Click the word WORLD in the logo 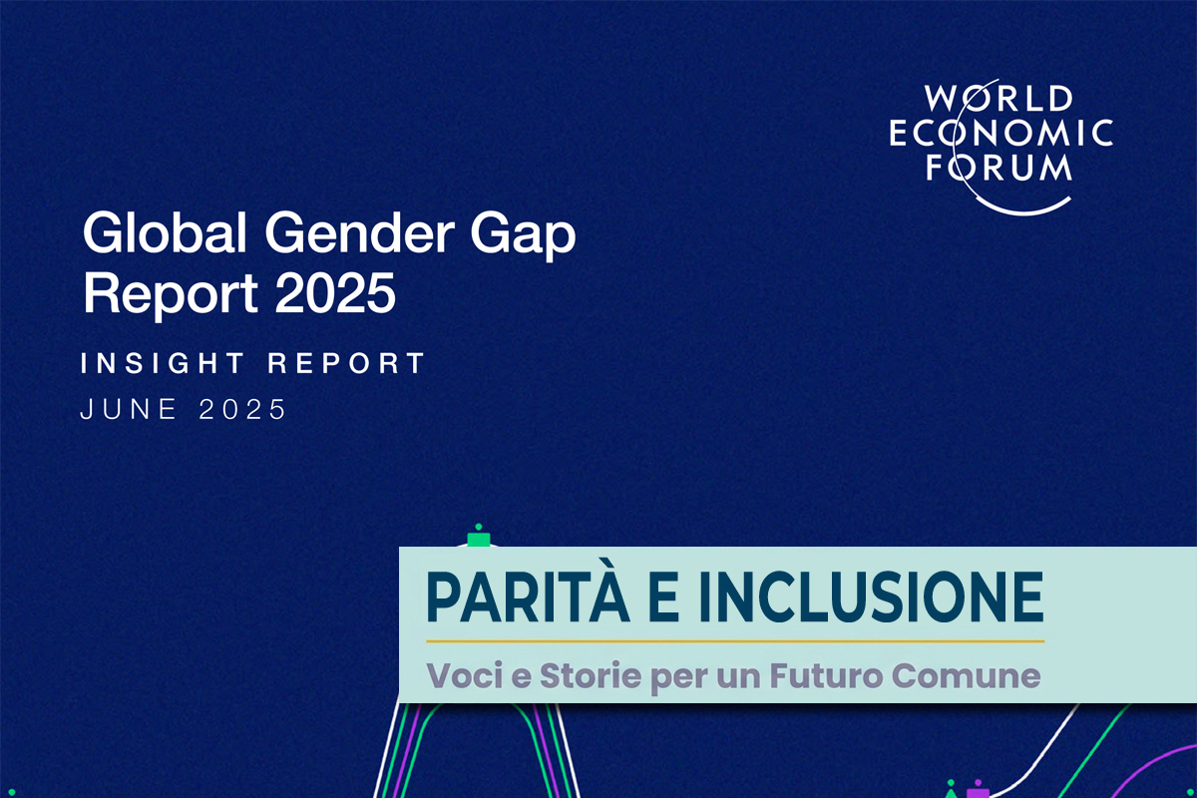point(997,100)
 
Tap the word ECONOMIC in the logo point(1000,133)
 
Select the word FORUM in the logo point(998,166)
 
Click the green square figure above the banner point(479,539)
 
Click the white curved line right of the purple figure point(1047,743)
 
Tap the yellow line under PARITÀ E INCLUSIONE point(735,640)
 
